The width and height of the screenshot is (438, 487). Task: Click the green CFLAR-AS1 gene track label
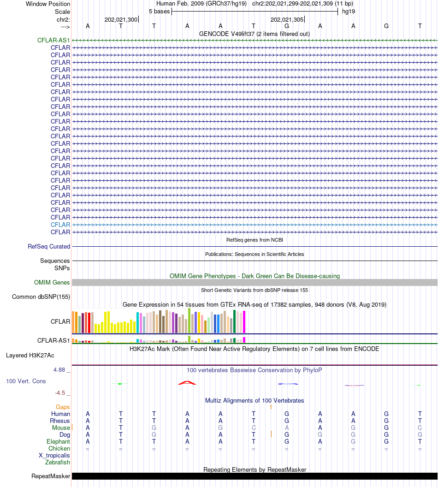[53, 40]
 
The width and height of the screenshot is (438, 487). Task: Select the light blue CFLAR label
[60, 225]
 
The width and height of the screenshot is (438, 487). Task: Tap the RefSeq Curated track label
[49, 247]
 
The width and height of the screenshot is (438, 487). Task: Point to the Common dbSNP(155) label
[41, 297]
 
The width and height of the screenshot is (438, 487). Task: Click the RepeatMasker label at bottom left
[51, 476]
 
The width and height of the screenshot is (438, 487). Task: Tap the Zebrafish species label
[58, 462]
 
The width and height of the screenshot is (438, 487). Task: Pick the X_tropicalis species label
[54, 455]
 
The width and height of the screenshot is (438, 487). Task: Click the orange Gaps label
[63, 407]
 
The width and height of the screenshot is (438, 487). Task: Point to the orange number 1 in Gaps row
[271, 407]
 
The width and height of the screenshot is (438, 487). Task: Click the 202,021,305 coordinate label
[287, 20]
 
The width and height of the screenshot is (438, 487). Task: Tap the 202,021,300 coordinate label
[121, 20]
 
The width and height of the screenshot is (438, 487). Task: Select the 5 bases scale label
[159, 12]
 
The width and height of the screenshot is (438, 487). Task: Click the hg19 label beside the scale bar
[349, 12]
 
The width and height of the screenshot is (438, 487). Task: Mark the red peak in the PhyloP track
[187, 382]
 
